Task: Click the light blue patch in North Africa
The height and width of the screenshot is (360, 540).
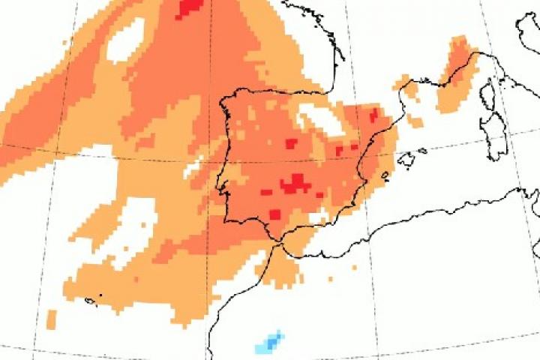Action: (269, 343)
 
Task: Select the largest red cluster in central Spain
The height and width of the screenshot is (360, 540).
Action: (295, 183)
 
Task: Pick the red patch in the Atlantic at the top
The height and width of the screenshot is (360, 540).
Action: (190, 8)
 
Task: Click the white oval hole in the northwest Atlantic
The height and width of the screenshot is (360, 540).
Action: (125, 39)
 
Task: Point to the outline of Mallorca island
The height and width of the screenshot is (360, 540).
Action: (409, 159)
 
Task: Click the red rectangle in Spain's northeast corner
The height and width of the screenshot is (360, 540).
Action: (373, 115)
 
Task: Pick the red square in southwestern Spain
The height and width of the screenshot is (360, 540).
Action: (275, 214)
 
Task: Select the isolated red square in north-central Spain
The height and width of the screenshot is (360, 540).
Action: (291, 142)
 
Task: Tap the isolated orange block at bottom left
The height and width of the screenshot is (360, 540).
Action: (51, 318)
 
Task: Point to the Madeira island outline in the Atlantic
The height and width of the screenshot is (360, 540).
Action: (91, 300)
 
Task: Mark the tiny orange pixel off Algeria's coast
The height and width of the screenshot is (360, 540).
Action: (330, 278)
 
